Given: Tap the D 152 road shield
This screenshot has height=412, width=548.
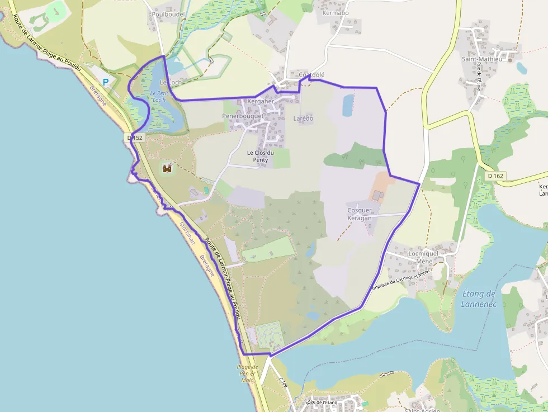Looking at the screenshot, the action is click(135, 138).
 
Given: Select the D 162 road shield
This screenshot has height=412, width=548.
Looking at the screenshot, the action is click(495, 176).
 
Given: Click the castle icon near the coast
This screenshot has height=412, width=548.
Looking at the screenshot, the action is click(167, 167).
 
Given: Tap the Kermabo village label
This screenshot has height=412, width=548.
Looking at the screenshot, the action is click(336, 13).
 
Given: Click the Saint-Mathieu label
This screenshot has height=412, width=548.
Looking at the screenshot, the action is click(482, 59).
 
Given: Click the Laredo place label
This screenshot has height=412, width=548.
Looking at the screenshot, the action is click(304, 119).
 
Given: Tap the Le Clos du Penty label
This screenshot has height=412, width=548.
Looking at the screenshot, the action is click(261, 156).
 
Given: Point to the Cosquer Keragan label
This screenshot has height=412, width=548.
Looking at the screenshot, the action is click(360, 214).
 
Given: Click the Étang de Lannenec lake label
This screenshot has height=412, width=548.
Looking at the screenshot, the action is click(479, 299).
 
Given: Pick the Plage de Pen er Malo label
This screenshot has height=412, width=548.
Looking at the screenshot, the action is click(248, 373).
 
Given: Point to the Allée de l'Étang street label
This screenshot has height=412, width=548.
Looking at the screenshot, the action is click(322, 402).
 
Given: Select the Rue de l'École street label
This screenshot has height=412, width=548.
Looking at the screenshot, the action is click(479, 77).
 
